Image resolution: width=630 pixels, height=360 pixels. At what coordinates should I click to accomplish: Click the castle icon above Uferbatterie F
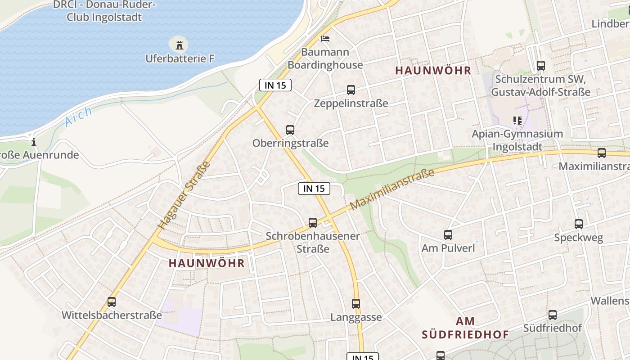pos(180,45)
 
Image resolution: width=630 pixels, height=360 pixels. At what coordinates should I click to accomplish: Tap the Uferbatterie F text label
pos(180,58)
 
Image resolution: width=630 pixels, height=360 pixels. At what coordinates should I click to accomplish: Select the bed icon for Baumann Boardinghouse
pos(325,39)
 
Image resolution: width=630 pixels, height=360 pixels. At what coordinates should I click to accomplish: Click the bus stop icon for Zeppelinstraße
pos(351,90)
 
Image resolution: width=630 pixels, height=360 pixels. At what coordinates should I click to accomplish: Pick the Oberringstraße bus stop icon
pos(290,130)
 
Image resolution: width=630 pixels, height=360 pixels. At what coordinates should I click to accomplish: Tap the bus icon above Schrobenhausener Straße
pos(313,222)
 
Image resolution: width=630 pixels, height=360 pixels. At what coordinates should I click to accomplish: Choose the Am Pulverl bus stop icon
pos(448,234)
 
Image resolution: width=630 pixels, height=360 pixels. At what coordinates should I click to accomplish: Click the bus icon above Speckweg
pos(579,224)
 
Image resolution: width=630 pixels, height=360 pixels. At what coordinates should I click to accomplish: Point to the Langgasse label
pos(356,317)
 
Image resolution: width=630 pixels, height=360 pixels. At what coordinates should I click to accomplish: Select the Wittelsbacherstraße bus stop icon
pos(112,302)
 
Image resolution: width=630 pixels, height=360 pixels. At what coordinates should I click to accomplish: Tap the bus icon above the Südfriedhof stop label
pos(553,315)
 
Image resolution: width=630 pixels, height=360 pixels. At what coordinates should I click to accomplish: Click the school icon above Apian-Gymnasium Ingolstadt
pos(517,121)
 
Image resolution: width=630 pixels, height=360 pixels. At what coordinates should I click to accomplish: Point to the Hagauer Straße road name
pos(184,195)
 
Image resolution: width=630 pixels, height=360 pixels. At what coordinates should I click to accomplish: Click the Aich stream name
pos(78,116)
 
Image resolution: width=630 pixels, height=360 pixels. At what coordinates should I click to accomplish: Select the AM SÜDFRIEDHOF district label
pos(465,328)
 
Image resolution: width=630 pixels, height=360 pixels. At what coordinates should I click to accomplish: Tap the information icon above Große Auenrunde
pos(34,142)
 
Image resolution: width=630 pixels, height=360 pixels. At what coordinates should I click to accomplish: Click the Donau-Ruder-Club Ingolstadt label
pos(104,11)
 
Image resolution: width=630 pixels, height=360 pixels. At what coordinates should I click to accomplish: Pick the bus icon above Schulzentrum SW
pos(541,66)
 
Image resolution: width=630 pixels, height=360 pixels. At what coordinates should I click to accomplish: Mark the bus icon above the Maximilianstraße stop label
pos(602,153)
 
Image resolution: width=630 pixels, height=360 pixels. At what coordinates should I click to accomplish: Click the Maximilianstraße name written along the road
pos(392,189)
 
